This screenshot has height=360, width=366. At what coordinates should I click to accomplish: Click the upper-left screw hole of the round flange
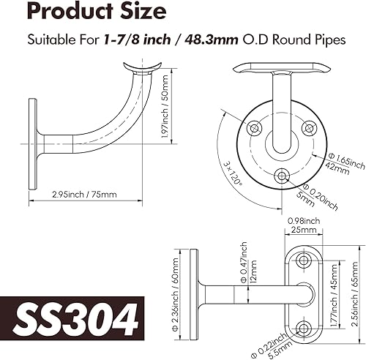pos(253,127)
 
